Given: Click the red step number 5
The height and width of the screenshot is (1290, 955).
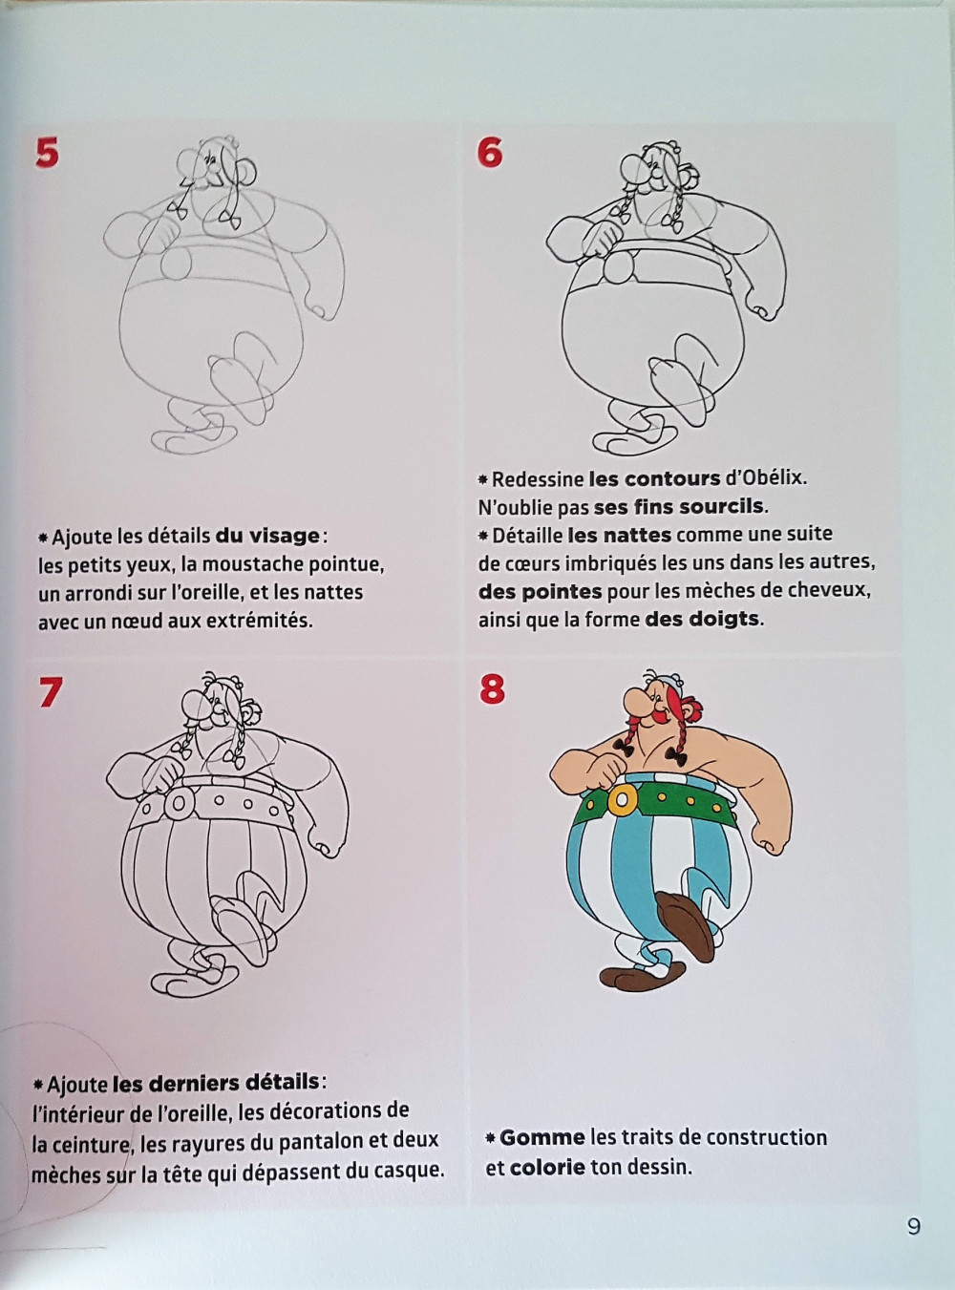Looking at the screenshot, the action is pos(47,154).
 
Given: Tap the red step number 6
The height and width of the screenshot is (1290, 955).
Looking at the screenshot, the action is pos(490,154).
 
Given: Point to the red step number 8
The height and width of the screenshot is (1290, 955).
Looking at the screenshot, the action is pos(493,689).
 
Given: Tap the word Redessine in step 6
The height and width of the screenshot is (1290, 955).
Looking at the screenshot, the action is pos(538,479).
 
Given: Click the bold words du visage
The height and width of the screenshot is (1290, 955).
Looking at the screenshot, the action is pos(267,536).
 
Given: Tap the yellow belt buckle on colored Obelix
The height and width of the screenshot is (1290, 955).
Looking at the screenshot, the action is pos(622,801).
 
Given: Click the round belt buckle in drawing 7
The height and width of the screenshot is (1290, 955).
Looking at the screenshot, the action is pos(178,803).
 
